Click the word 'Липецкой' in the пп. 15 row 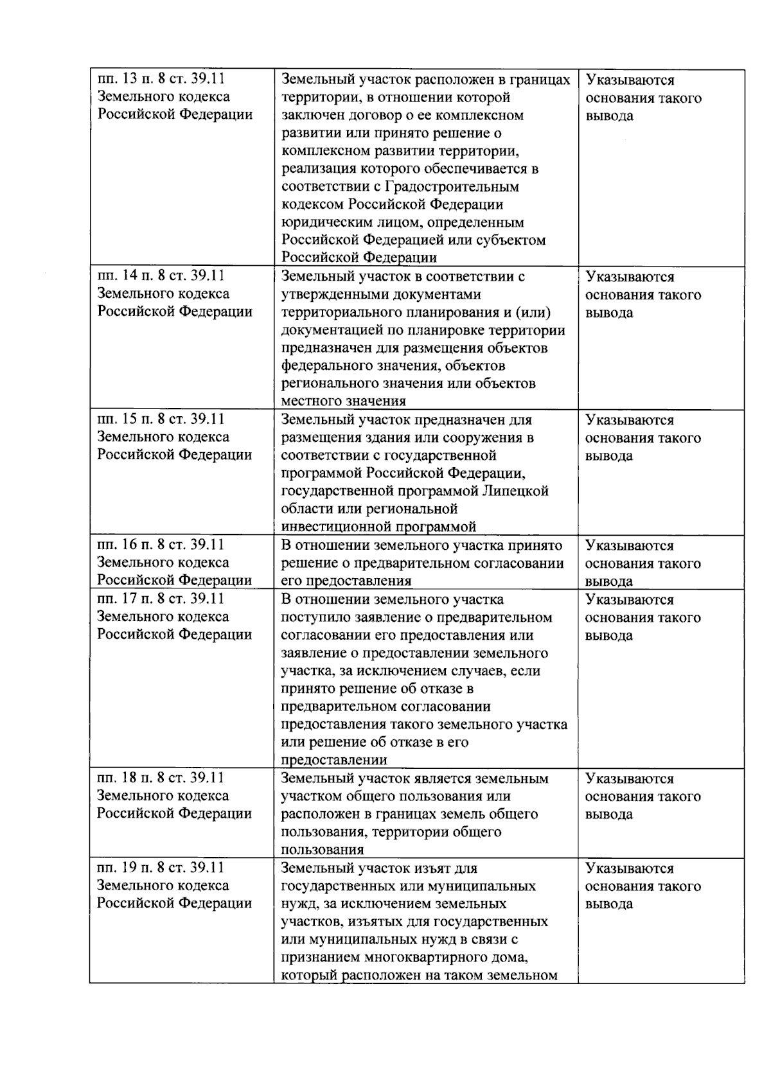(517, 491)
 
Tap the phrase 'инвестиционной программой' (378, 527)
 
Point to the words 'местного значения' (344, 401)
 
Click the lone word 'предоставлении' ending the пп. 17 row (334, 760)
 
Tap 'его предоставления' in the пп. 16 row (346, 581)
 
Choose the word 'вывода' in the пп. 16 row (608, 581)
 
